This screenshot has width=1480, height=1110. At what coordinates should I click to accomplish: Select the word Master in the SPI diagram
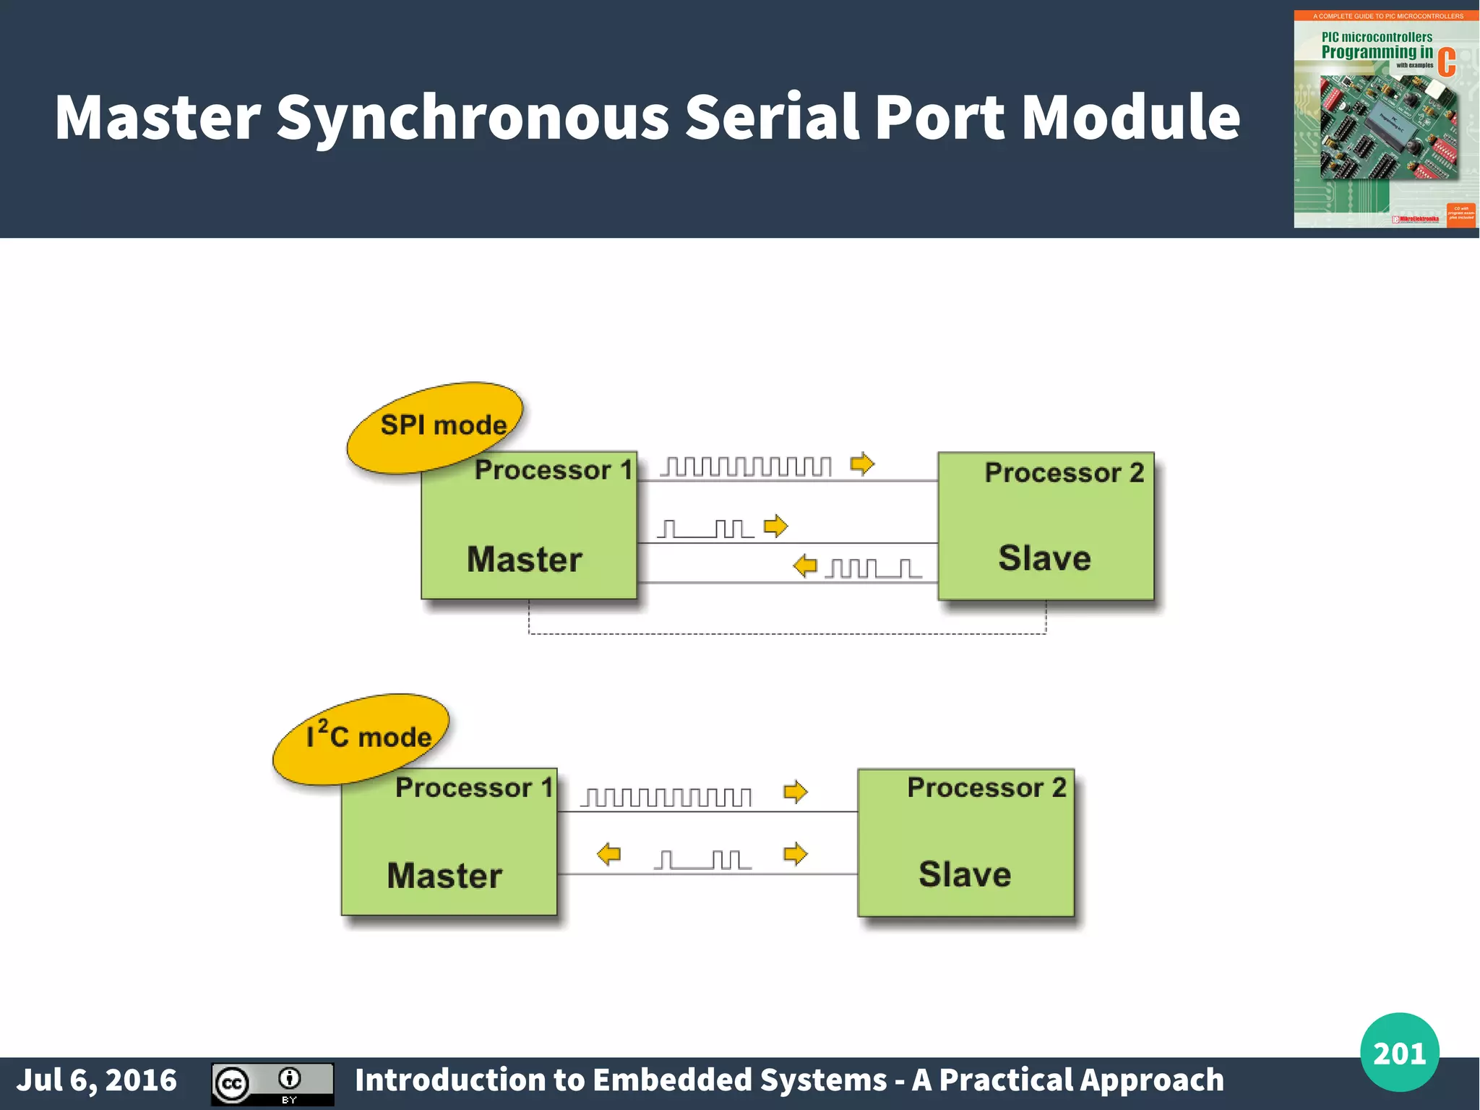coord(525,560)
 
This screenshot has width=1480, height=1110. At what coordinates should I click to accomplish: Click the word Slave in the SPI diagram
coord(1044,558)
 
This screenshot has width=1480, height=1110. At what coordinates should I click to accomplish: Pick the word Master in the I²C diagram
coord(444,876)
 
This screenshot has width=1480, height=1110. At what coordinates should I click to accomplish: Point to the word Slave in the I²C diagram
coord(965,874)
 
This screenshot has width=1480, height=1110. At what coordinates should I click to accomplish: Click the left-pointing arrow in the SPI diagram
coord(804,565)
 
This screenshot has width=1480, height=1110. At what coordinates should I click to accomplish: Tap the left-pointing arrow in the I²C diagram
coord(608,854)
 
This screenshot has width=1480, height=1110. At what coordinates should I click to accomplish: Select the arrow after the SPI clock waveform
coord(862,464)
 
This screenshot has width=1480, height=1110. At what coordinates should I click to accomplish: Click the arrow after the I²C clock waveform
coord(795,792)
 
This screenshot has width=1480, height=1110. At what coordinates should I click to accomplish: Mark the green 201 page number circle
coord(1399,1052)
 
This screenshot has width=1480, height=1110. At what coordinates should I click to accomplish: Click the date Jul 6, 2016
coord(96,1080)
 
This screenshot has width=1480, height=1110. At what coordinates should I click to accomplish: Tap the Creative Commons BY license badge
coord(272,1084)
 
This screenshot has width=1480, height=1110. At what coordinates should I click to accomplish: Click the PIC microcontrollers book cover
coord(1385,119)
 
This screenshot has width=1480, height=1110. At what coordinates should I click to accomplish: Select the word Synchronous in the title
coord(473,118)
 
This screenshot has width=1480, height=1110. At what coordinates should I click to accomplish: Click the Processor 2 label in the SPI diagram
coord(1064,473)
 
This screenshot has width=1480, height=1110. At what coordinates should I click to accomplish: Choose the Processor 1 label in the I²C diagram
coord(474,787)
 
